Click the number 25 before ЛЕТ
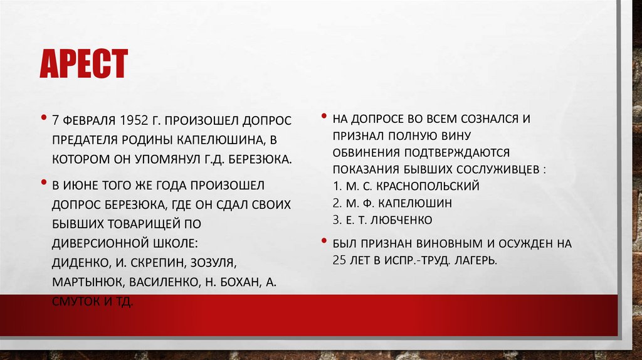[x=340, y=259]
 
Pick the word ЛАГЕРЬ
[x=473, y=259]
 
